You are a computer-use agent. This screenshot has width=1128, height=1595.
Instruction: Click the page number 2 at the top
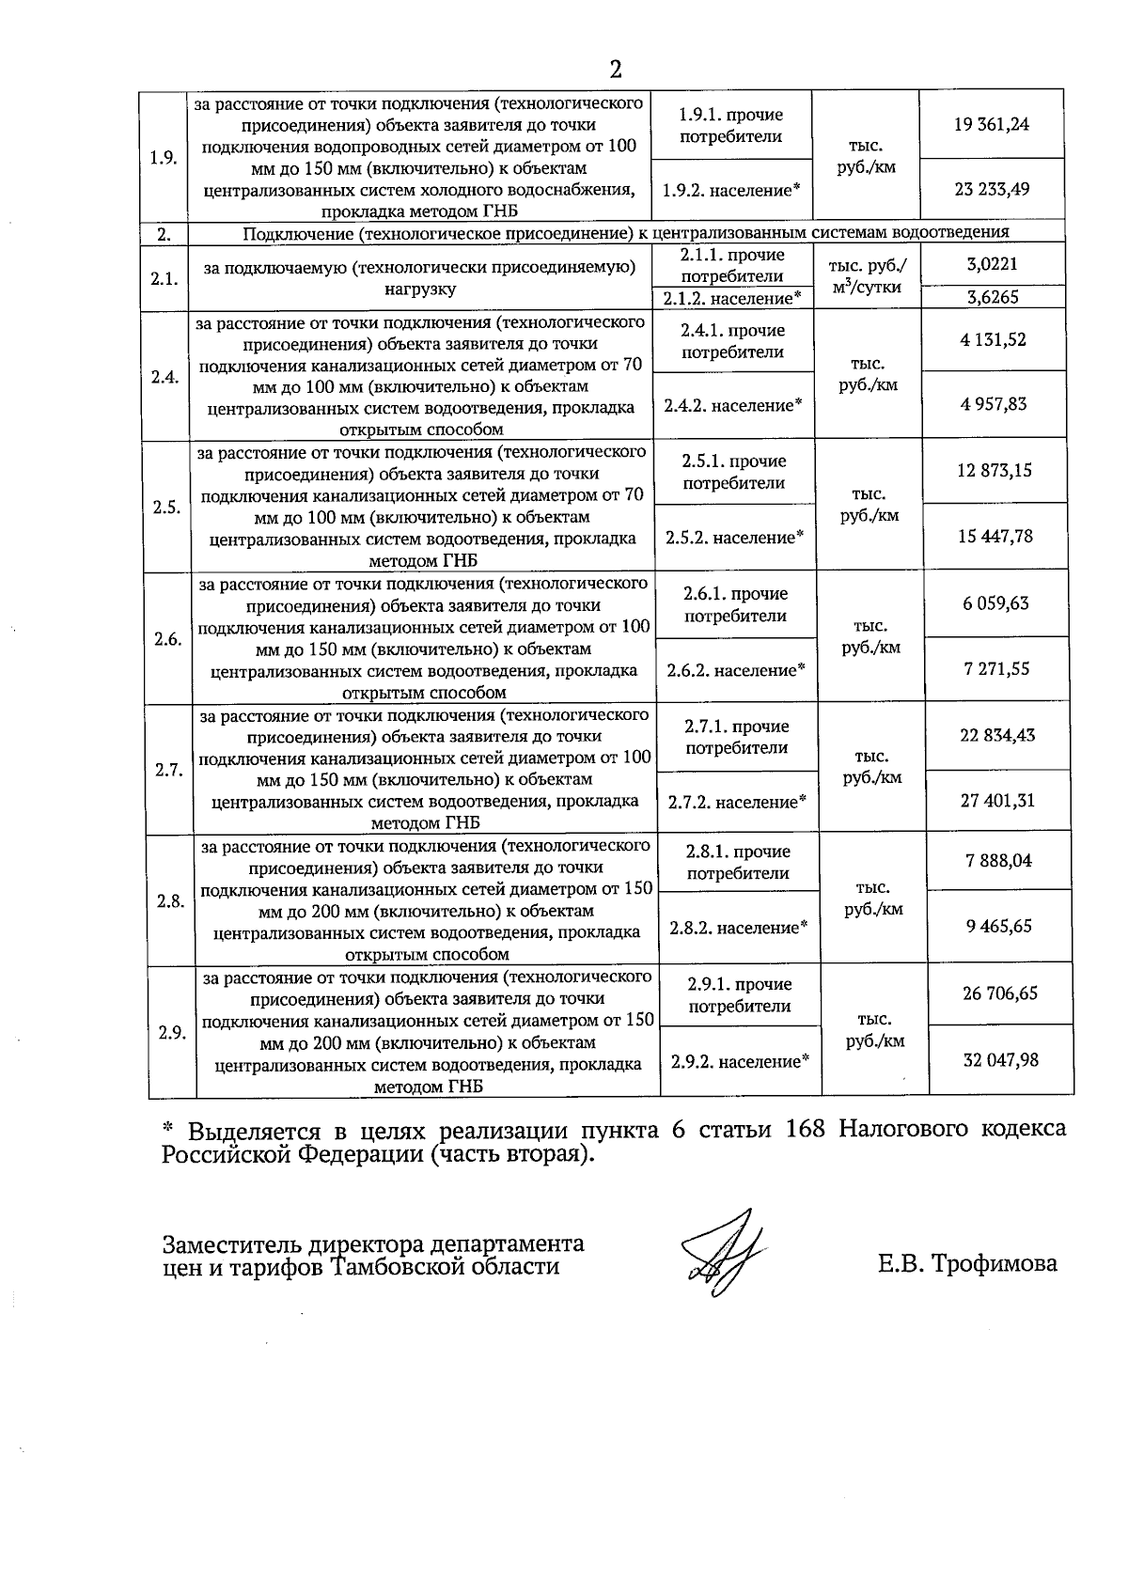616,70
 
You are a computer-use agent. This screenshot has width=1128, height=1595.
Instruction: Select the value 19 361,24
991,124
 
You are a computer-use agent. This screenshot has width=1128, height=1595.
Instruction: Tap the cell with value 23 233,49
991,189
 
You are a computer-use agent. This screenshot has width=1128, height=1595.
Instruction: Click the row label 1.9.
164,157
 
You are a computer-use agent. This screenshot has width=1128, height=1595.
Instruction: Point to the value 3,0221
993,264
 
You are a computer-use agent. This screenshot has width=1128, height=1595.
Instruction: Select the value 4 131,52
994,339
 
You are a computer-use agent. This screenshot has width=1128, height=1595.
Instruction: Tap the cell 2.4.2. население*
733,406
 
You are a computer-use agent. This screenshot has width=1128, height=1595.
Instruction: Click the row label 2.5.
166,508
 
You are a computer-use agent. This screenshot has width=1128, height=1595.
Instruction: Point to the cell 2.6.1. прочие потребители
735,605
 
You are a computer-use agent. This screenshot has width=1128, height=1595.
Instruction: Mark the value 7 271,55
996,668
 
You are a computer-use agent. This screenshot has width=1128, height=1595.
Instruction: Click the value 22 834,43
997,735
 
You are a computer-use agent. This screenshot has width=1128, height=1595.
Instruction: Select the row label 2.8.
170,900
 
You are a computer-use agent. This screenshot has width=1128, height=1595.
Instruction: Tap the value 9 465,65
998,926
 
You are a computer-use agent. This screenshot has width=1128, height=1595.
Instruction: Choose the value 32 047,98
1000,1059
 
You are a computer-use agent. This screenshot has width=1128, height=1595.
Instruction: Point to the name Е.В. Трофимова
967,1263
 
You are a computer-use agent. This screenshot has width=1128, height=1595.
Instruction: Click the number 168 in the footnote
804,1128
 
